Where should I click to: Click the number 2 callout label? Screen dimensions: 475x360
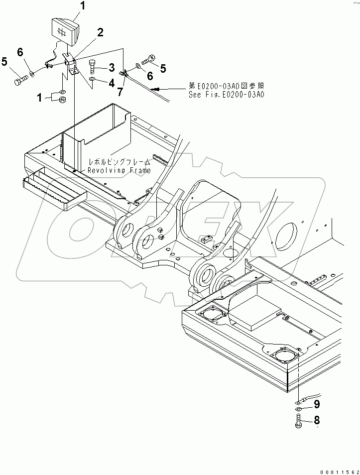(100, 33)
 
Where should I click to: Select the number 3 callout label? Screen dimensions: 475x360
(112, 67)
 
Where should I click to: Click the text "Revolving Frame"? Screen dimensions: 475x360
(119, 170)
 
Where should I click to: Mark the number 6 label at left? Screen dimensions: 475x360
(20, 52)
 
